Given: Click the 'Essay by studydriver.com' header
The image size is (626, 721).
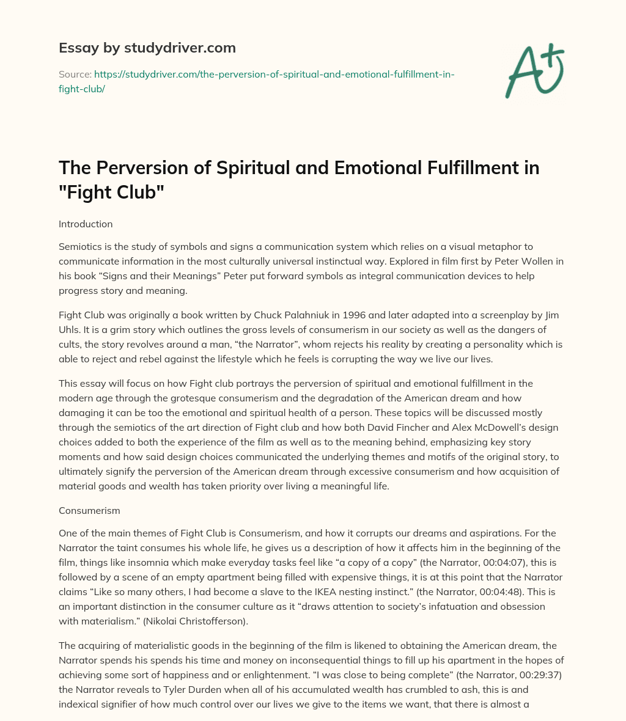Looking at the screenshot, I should (x=147, y=47).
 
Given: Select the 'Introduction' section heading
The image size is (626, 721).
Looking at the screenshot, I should (x=86, y=224).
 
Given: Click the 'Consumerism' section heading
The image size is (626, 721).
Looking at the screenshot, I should (x=89, y=510).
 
